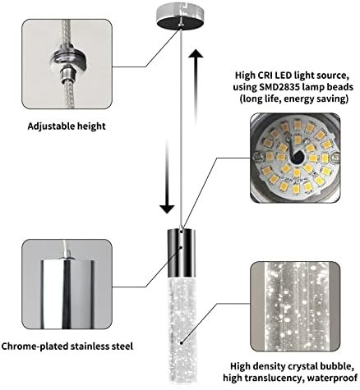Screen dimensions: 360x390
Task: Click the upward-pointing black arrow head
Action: coord(196,53)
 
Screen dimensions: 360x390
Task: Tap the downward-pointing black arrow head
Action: coord(167,209)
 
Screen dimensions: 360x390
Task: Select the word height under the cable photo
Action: coord(91,126)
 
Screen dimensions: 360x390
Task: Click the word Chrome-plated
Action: coord(35,346)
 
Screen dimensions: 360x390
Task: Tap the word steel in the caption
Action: coord(122,346)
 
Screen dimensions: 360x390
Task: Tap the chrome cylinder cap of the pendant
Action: coord(181,254)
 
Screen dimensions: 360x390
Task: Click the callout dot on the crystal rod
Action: coord(182,342)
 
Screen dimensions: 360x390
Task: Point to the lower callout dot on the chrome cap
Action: coord(181,247)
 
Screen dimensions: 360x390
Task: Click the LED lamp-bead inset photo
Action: coord(295,158)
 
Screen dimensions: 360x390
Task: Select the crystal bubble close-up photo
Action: coord(295,306)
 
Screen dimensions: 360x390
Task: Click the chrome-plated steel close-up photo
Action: coord(67,284)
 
